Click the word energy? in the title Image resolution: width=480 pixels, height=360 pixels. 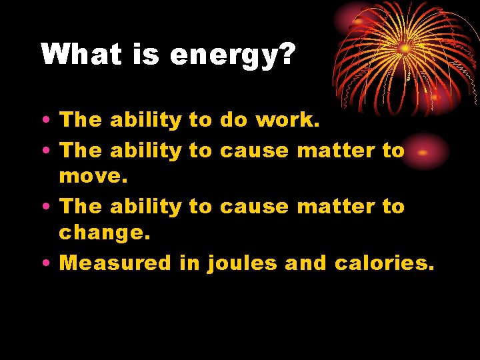tap(232, 55)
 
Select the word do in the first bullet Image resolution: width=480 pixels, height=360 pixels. tap(233, 120)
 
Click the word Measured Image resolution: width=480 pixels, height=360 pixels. tap(115, 263)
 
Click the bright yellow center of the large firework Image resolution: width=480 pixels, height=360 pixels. tap(404, 48)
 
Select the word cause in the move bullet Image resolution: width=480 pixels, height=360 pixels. tap(254, 150)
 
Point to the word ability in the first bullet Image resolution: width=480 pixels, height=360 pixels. tap(145, 120)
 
